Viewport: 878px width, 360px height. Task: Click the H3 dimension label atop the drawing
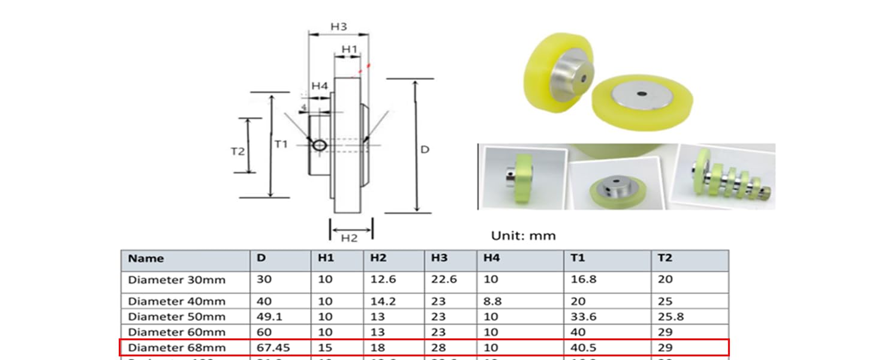coord(339,27)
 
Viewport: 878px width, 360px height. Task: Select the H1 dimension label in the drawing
coord(349,49)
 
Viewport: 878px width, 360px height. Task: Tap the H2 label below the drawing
coord(349,238)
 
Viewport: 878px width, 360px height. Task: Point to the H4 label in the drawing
coord(319,86)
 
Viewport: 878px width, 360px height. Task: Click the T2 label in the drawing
coord(238,151)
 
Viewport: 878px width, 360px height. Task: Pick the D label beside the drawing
coord(425,149)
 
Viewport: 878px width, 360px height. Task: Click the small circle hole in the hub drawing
coord(319,145)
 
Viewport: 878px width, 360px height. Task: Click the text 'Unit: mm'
coord(523,236)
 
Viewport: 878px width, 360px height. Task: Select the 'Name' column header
coord(146,259)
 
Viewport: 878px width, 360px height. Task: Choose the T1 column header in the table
coord(578,258)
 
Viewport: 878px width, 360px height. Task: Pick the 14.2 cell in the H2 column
coord(383,301)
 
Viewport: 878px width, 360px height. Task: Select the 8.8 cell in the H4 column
coord(492,301)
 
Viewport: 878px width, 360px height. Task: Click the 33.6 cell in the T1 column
coord(583,317)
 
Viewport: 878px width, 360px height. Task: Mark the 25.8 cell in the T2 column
coord(670,317)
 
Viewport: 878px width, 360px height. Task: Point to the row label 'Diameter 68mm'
coord(176,347)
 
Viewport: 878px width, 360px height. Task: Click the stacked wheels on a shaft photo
coord(726,177)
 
